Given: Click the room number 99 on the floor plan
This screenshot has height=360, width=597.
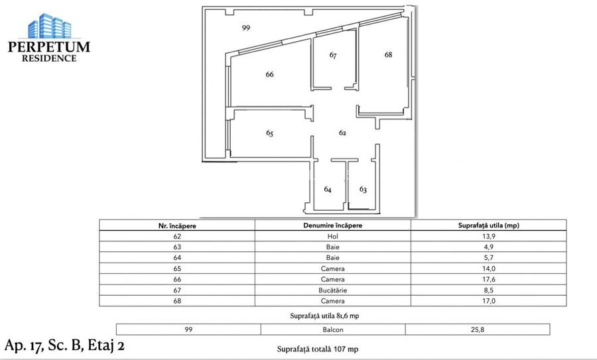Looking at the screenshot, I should (246, 28).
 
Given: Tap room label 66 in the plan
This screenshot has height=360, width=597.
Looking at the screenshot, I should (269, 74).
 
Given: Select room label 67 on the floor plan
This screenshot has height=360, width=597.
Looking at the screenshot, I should (333, 56).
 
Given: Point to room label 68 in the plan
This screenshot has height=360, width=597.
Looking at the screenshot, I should (388, 55).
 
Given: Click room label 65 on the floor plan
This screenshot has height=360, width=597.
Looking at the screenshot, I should (269, 133).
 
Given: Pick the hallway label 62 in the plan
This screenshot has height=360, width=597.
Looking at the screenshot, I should (343, 133).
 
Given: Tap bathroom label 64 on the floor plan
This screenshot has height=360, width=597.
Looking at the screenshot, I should (328, 189).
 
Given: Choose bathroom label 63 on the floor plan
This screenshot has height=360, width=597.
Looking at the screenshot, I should (363, 189).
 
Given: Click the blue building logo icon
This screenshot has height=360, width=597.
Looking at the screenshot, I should (49, 26).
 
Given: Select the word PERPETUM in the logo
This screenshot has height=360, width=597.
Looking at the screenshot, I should (49, 47).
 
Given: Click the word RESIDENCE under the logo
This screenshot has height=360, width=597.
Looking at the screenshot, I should (49, 58).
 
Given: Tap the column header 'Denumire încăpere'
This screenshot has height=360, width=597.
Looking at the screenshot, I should (332, 225).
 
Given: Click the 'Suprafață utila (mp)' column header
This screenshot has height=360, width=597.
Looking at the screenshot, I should (489, 225).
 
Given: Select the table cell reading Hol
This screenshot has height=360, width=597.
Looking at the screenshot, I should (332, 237).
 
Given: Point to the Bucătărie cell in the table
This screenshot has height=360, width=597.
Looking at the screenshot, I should (332, 290).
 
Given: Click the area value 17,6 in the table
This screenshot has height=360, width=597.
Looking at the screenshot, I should (489, 279).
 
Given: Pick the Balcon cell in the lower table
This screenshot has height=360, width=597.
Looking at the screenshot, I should (332, 329).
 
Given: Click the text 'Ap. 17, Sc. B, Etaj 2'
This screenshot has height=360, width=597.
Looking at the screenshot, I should (64, 345).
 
